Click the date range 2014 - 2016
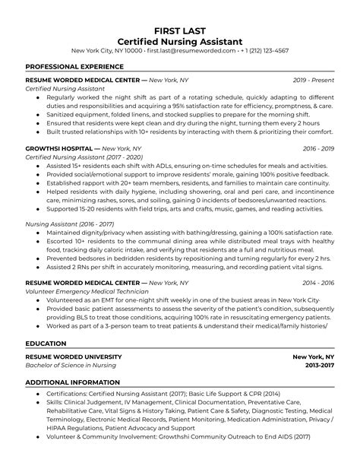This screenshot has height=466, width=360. coord(318,282)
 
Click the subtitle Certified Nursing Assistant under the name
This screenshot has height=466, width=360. coord(180,39)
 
